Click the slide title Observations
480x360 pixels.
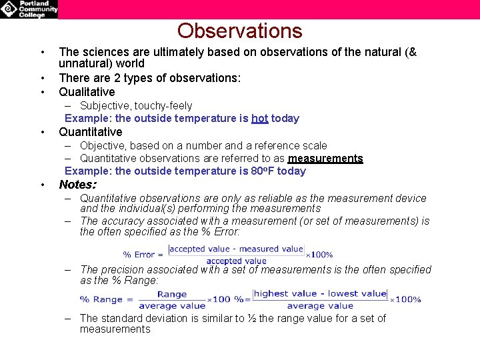[x=239, y=31]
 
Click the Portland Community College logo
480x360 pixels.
[x=29, y=9]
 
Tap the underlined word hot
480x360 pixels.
[x=259, y=119]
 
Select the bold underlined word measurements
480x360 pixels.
[x=325, y=159]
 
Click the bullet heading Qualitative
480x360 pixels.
[x=87, y=92]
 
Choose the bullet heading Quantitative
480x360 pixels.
[x=91, y=132]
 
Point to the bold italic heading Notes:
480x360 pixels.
[x=77, y=185]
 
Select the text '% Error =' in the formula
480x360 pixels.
[x=143, y=255]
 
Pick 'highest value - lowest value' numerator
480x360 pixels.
[x=321, y=293]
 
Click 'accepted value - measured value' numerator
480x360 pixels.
[x=237, y=249]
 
